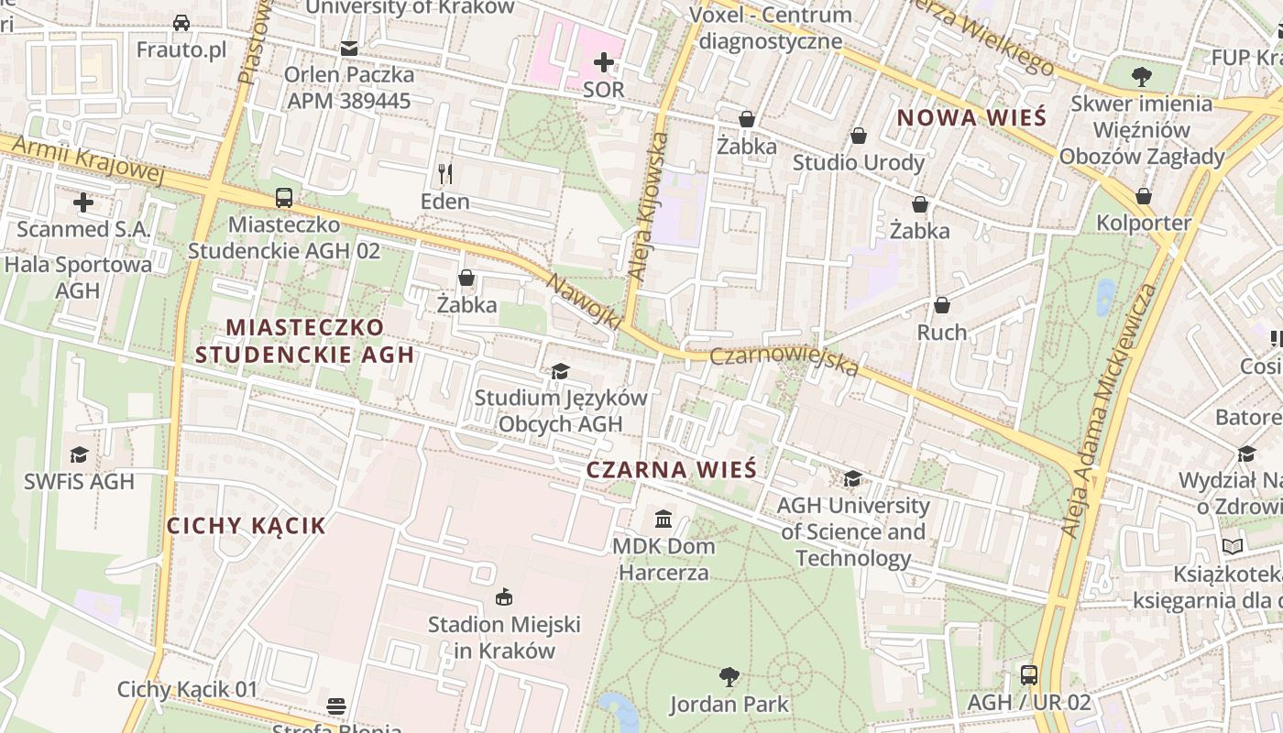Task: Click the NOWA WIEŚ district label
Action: (971, 117)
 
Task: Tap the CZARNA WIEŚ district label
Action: (671, 470)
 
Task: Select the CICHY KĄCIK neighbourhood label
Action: (246, 525)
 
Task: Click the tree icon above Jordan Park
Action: (729, 677)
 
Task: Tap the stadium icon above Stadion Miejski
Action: (503, 597)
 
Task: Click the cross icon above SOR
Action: (603, 62)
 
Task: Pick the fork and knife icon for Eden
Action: (445, 173)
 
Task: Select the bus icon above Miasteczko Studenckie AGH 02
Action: (284, 197)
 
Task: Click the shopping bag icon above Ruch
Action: (941, 305)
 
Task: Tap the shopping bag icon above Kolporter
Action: (1143, 196)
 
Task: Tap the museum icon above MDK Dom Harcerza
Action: (663, 520)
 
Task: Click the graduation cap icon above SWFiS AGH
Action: (79, 454)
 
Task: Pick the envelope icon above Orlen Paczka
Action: (348, 48)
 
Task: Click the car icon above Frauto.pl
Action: (181, 23)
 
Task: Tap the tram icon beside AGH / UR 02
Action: (1028, 675)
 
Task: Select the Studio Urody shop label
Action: (858, 162)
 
